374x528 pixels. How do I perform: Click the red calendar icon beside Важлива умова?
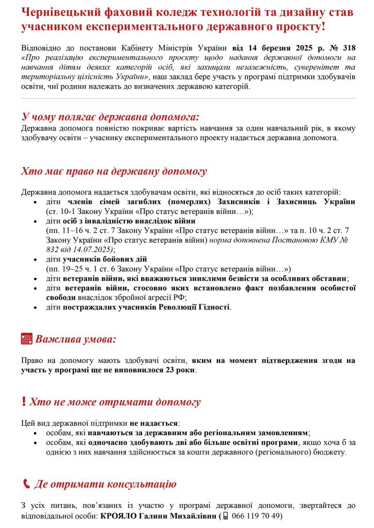pyautogui.click(x=27, y=339)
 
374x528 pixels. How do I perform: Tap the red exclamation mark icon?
pyautogui.click(x=24, y=402)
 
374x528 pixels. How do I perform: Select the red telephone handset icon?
pyautogui.click(x=26, y=484)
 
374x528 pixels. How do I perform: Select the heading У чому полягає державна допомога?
pyautogui.click(x=110, y=116)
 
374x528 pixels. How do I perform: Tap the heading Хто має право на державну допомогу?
pyautogui.click(x=114, y=171)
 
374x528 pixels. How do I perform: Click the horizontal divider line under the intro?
pyautogui.click(x=188, y=98)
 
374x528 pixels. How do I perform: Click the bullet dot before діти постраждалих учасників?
pyautogui.click(x=35, y=308)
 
